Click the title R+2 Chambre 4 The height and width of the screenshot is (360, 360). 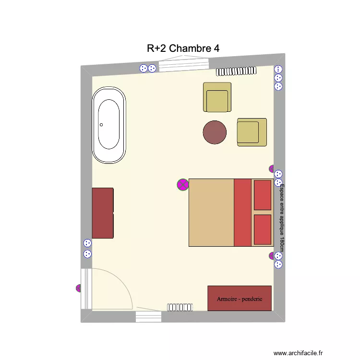(183, 48)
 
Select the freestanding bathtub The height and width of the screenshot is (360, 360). (109, 125)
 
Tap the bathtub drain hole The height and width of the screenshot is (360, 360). (101, 125)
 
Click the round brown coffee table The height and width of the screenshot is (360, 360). (215, 132)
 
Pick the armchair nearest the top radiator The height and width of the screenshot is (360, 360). (217, 97)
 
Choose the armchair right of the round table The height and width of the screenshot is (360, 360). (252, 132)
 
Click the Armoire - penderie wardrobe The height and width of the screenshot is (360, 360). (240, 298)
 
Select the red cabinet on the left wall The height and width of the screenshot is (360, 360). (103, 213)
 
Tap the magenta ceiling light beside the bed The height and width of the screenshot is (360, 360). (183, 185)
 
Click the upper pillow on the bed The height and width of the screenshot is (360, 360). (263, 195)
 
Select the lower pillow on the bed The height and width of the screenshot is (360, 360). (263, 230)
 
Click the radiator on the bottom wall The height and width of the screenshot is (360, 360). (180, 307)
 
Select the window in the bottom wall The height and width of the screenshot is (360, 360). (148, 316)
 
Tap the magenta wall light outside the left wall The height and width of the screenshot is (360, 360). (79, 288)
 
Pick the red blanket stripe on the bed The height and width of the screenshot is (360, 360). (242, 213)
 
